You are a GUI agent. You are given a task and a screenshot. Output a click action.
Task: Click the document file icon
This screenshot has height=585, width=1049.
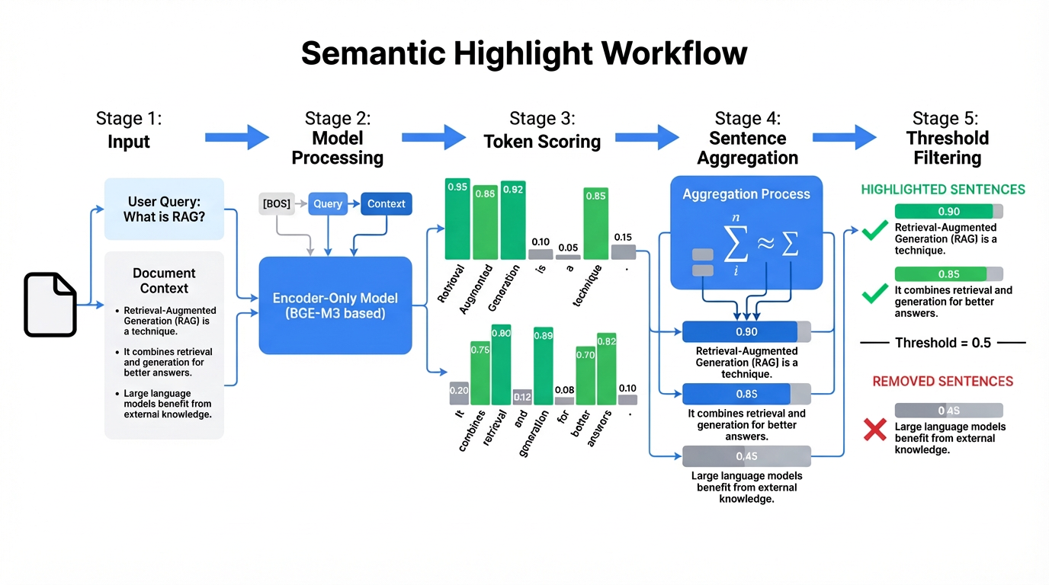50,305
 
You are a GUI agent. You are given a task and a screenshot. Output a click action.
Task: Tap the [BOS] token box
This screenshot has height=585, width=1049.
276,203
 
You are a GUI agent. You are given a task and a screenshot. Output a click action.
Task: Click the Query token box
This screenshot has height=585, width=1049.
328,203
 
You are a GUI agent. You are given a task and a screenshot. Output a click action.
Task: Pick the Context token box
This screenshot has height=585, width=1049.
386,203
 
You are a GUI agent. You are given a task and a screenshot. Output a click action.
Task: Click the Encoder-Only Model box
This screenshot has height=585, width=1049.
335,305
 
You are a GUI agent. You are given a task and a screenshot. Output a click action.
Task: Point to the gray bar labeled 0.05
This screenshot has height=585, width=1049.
568,257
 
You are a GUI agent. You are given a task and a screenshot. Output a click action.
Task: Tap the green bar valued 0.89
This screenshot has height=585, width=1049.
544,366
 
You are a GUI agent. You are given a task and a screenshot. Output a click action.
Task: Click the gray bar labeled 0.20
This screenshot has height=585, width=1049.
459,393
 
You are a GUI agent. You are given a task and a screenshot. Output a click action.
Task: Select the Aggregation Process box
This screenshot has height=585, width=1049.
746,232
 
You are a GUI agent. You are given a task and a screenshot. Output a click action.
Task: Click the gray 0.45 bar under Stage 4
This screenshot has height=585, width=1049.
746,456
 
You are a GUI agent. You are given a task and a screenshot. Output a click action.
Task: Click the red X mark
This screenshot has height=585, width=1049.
873,430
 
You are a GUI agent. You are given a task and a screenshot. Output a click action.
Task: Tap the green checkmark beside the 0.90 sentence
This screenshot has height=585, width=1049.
874,229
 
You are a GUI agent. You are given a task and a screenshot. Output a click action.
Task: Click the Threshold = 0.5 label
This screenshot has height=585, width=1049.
943,343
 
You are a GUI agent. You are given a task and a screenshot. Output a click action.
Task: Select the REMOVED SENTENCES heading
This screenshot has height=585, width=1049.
943,381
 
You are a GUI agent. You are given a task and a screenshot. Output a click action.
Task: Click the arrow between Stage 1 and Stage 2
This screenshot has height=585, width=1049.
237,138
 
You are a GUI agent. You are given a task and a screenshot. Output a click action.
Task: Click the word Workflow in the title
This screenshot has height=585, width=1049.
675,54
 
